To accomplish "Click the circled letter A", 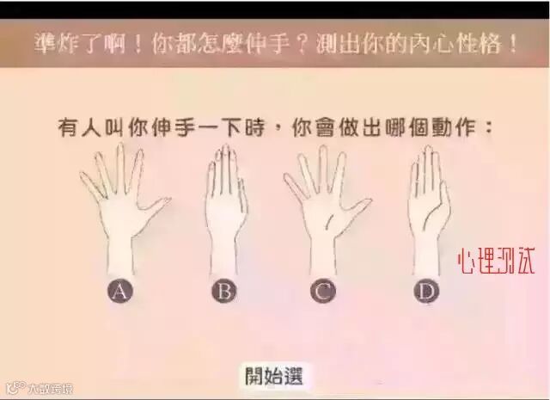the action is tap(120, 291).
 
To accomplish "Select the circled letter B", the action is tap(224, 291).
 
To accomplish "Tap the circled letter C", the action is tap(323, 291).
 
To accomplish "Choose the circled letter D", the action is tap(427, 291).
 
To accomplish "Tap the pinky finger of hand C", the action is tap(294, 185).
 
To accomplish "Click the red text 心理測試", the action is tap(497, 262).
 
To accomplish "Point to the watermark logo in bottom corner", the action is tap(40, 388).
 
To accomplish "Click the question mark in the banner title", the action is tap(303, 45).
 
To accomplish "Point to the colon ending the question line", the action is tap(488, 128).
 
